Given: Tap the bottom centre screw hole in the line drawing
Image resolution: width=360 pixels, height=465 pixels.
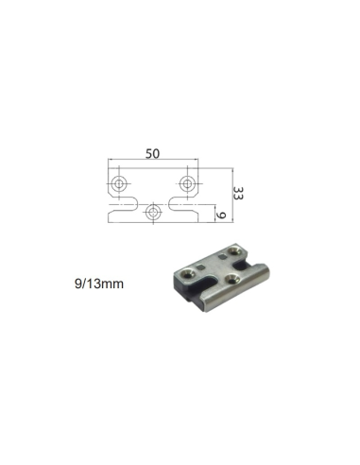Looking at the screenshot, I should point(153,212).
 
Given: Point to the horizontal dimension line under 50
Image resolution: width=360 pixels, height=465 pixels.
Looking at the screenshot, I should point(152,161).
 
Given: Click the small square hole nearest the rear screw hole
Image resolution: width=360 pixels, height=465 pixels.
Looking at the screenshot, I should point(221,254).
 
